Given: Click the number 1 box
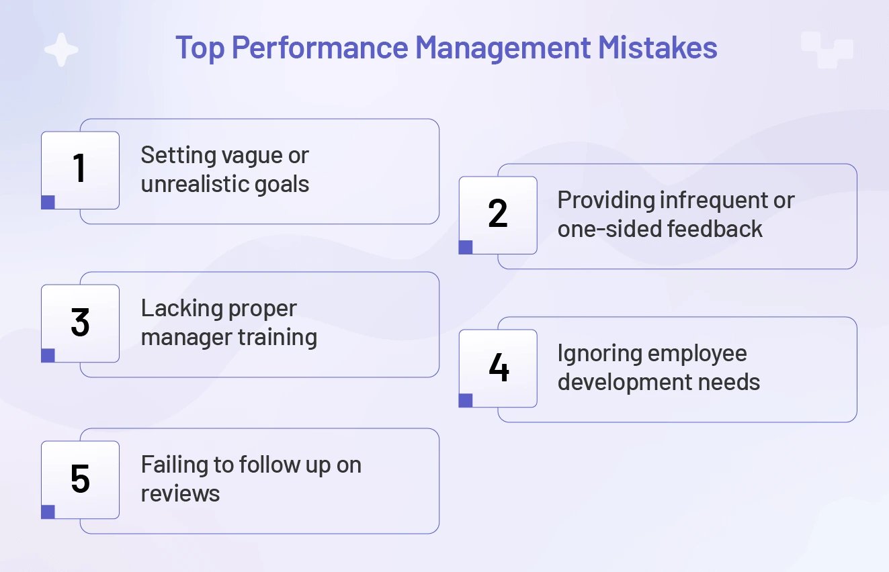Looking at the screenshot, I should point(80,170).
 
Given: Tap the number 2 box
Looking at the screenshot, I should point(498,215).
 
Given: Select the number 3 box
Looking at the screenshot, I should point(80,323).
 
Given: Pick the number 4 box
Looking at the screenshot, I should point(498,368).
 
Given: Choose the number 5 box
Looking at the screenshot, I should point(80,479).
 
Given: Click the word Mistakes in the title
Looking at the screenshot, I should point(658,48).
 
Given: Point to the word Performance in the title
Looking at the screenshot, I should point(320,48).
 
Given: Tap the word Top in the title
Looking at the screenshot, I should point(200,48).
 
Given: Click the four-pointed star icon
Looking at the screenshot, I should point(61,50).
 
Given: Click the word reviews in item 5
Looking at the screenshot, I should point(180,493).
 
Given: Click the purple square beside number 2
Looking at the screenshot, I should point(466,247).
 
